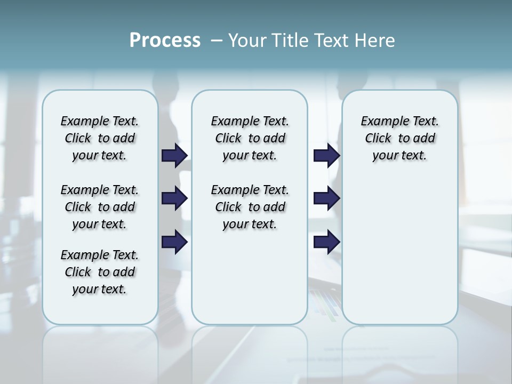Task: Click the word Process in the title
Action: pos(165,41)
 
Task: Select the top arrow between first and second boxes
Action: pos(174,155)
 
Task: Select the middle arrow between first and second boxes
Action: pos(174,199)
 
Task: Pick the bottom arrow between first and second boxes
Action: pos(174,242)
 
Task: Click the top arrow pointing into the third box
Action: pos(326,155)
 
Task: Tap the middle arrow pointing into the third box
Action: pos(326,199)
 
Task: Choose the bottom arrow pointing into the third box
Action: pos(326,242)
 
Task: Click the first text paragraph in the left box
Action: pos(100,138)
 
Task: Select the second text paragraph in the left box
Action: pos(100,207)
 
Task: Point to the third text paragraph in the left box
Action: pos(100,272)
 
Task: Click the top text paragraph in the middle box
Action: pos(250,138)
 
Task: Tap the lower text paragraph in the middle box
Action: pos(250,207)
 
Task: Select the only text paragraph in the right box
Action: pos(399,138)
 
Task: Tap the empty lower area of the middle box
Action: pos(250,277)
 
